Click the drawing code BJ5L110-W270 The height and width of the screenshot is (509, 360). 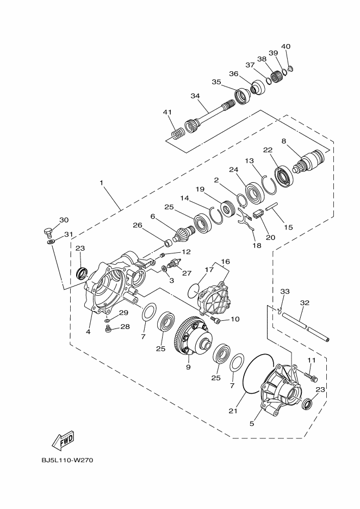(x=68, y=461)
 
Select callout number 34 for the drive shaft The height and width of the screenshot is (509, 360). (x=195, y=96)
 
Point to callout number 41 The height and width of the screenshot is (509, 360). (x=167, y=112)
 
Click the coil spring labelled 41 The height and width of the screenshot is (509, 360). (x=176, y=133)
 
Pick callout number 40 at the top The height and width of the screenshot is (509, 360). (x=286, y=46)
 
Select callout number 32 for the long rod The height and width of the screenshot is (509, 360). (x=305, y=303)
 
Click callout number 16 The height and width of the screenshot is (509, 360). (x=225, y=261)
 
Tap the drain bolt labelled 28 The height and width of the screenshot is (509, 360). (x=108, y=330)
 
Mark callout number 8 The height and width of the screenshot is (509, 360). (x=283, y=140)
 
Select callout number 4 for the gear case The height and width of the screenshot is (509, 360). (x=88, y=330)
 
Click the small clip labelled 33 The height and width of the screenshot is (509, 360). (x=278, y=311)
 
